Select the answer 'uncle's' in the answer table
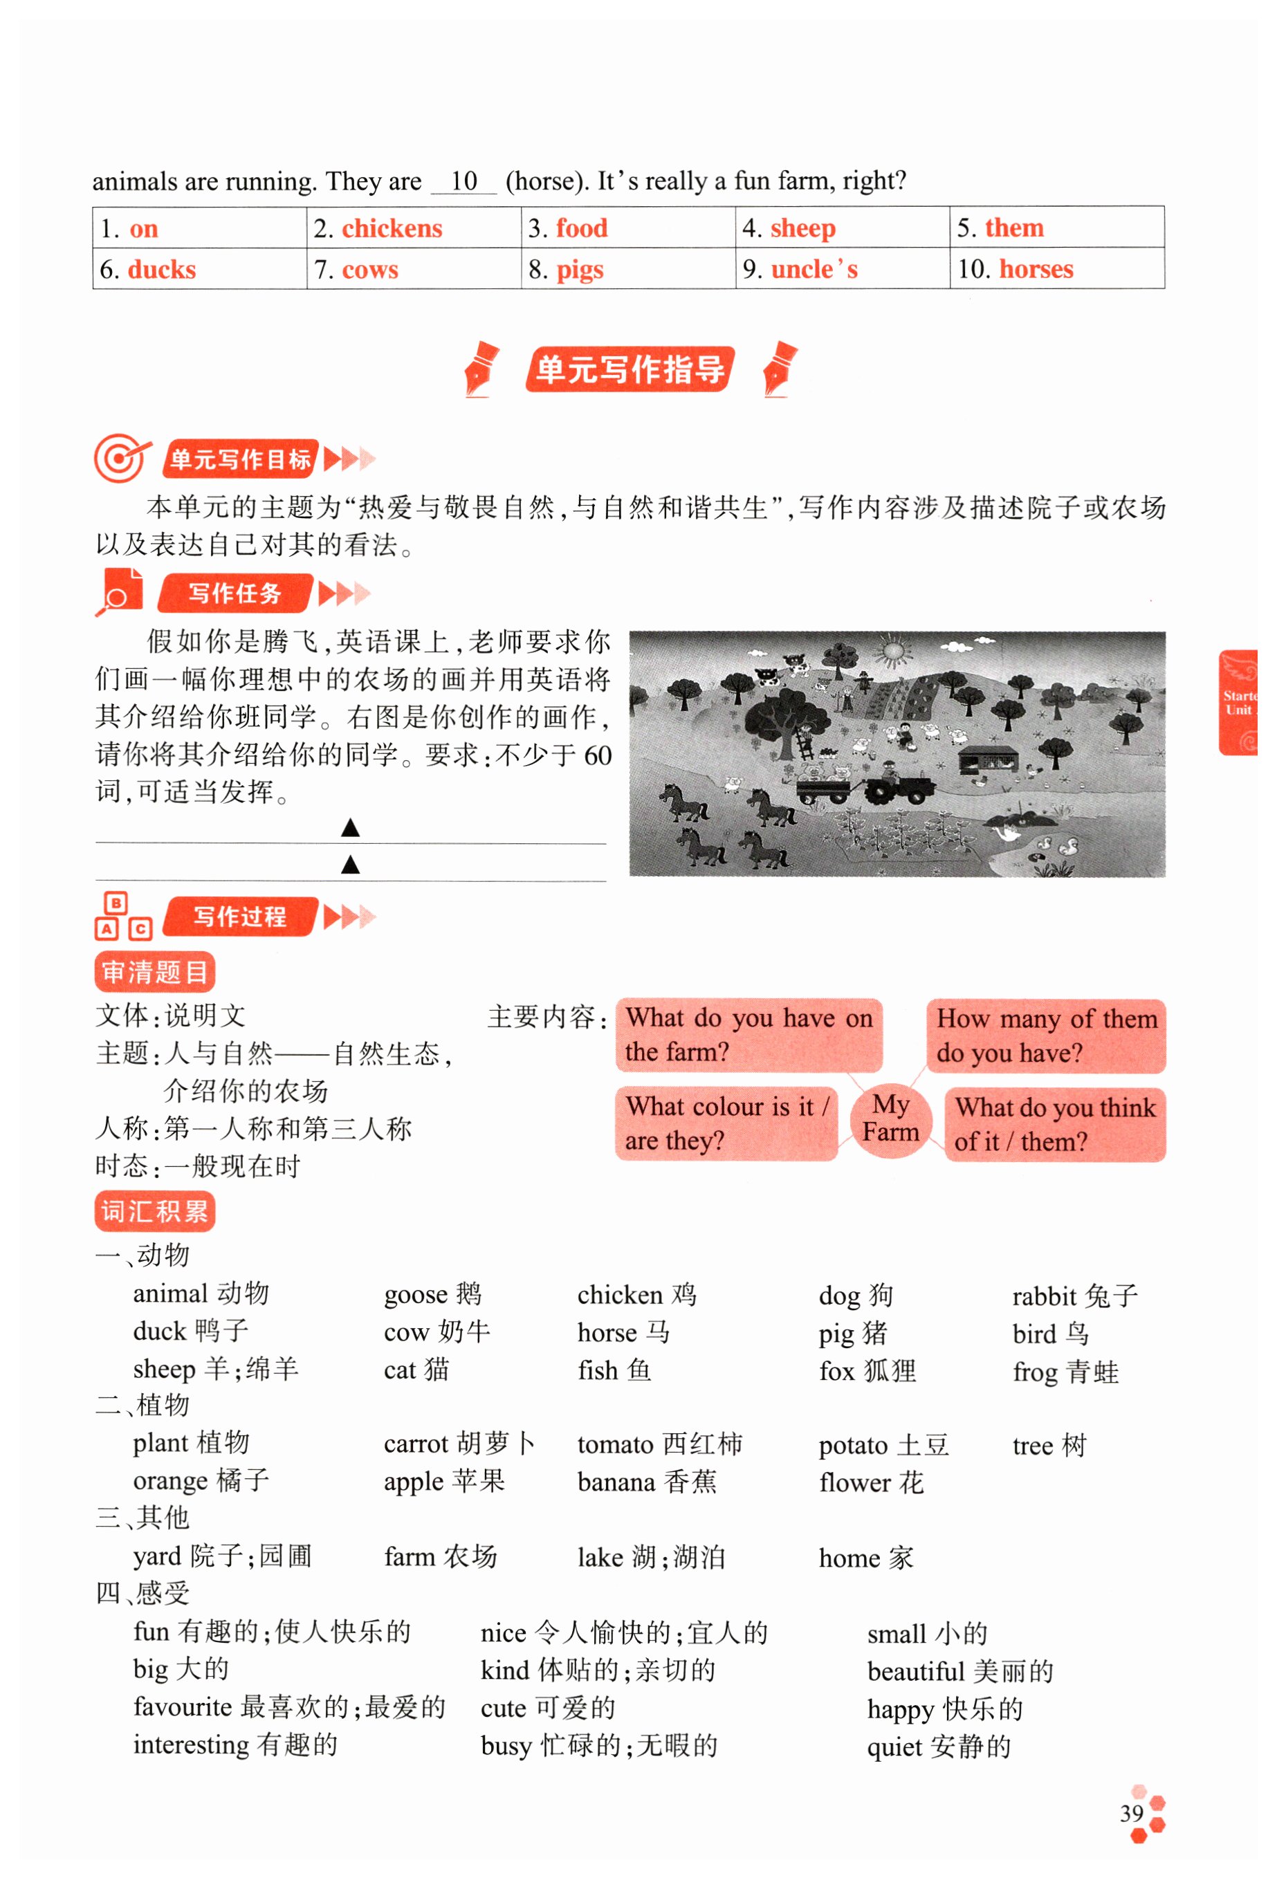pyautogui.click(x=814, y=269)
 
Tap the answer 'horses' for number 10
pyautogui.click(x=1036, y=269)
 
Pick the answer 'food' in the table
pyautogui.click(x=581, y=229)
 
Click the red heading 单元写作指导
pyautogui.click(x=630, y=369)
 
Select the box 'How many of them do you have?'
pyautogui.click(x=1046, y=1036)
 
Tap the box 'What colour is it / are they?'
pyautogui.click(x=726, y=1123)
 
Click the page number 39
pyautogui.click(x=1131, y=1814)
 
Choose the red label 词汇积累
pyautogui.click(x=154, y=1212)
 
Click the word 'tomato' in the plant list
pyautogui.click(x=614, y=1445)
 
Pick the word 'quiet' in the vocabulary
pyautogui.click(x=894, y=1747)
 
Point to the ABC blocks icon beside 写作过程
pyautogui.click(x=123, y=917)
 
